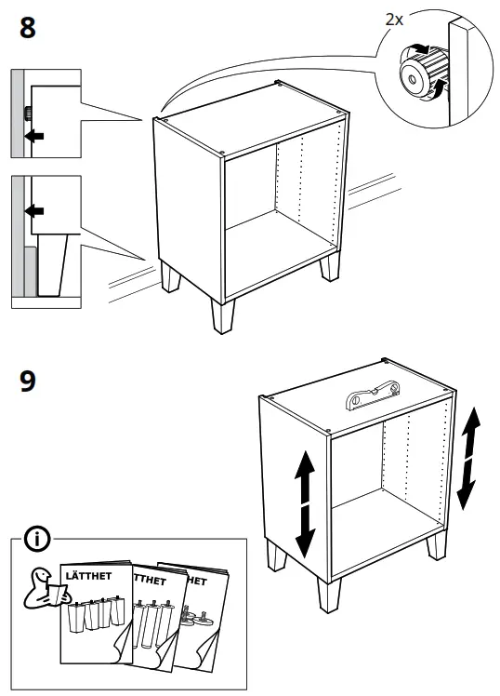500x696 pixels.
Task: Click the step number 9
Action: (x=29, y=381)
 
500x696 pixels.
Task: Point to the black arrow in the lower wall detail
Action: (x=34, y=211)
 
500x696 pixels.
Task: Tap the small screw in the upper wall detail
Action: (x=28, y=114)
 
